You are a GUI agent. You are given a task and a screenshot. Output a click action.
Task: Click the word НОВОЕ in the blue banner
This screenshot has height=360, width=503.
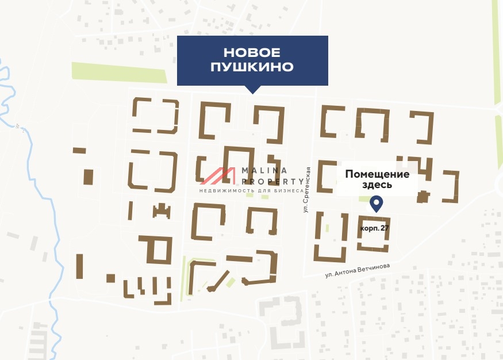tap(252, 53)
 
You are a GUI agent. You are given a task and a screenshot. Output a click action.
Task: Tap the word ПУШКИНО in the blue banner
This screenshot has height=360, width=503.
tap(252, 67)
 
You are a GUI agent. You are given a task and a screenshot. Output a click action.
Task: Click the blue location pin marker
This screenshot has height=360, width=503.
tap(377, 203)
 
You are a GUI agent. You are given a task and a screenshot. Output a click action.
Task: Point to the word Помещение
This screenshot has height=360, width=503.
tap(377, 174)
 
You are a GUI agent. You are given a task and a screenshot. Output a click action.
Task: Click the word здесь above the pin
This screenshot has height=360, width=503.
tap(377, 185)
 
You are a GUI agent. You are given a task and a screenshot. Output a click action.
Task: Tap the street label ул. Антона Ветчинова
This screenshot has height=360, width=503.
tap(357, 270)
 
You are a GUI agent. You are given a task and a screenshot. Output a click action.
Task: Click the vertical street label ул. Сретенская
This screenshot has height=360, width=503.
tap(308, 189)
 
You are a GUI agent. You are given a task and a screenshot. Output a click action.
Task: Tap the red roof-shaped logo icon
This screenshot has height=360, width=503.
tap(218, 175)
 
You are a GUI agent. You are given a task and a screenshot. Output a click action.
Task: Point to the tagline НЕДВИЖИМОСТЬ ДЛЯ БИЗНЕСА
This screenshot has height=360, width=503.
tap(251, 190)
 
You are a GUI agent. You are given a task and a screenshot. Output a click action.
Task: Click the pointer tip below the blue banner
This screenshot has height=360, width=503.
tap(252, 91)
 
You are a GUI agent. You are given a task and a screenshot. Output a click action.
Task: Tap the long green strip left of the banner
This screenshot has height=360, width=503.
tap(118, 72)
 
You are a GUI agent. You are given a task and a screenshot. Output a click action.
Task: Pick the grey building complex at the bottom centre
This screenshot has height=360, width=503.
tap(282, 322)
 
